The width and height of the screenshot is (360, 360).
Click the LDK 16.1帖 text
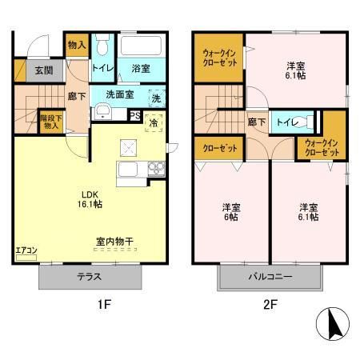point(88,198)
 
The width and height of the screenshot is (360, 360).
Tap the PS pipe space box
point(135,115)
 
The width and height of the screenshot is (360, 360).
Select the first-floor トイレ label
point(102,69)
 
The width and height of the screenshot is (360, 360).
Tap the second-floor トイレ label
point(286,122)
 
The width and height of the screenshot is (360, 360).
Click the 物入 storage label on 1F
point(76,46)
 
